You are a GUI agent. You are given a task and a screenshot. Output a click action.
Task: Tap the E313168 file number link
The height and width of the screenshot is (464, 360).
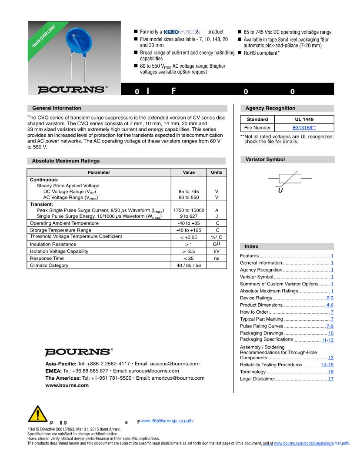point(304,128)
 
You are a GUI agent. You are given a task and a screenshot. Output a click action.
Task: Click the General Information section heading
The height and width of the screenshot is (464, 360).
point(57,108)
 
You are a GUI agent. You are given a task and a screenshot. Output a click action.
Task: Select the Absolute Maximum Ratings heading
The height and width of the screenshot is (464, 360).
point(66,161)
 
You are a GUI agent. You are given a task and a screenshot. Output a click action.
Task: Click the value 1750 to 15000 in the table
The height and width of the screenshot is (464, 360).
point(189,210)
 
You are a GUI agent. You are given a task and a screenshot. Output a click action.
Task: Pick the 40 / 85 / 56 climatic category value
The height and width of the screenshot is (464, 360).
point(189,265)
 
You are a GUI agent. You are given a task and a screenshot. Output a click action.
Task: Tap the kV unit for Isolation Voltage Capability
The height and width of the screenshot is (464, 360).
point(217,251)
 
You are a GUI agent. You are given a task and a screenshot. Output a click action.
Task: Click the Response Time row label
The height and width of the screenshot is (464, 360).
point(47,258)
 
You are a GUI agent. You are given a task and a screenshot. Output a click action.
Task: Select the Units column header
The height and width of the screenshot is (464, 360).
point(217,172)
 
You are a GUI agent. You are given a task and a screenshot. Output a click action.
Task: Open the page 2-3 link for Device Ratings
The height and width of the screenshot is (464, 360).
point(330,298)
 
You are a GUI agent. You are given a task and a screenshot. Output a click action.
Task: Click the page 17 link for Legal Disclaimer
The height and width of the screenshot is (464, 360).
point(331,379)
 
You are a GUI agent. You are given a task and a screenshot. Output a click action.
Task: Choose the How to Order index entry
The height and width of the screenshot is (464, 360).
point(254,312)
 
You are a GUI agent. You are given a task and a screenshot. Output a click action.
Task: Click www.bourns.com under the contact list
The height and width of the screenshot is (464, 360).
point(67,385)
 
